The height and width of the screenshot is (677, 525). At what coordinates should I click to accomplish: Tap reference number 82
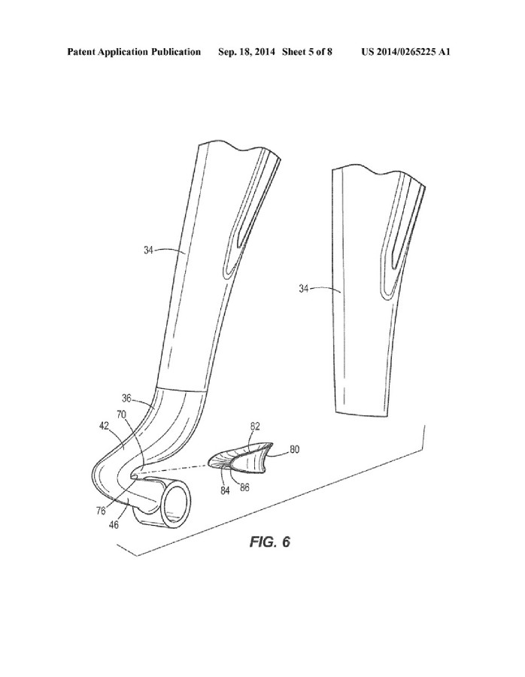pyautogui.click(x=255, y=427)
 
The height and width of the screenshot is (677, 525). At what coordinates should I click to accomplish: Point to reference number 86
pyautogui.click(x=244, y=487)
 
